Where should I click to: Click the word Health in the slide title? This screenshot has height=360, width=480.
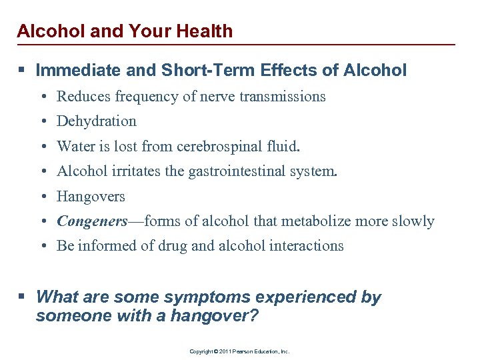point(205,31)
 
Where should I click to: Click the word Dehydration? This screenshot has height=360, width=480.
point(97,121)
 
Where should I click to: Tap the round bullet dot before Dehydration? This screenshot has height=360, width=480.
point(42,122)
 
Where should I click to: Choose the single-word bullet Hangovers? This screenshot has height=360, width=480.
point(91,196)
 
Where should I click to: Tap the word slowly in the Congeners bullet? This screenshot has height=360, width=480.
point(413,221)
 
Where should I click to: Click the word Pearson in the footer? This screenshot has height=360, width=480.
point(239,351)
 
